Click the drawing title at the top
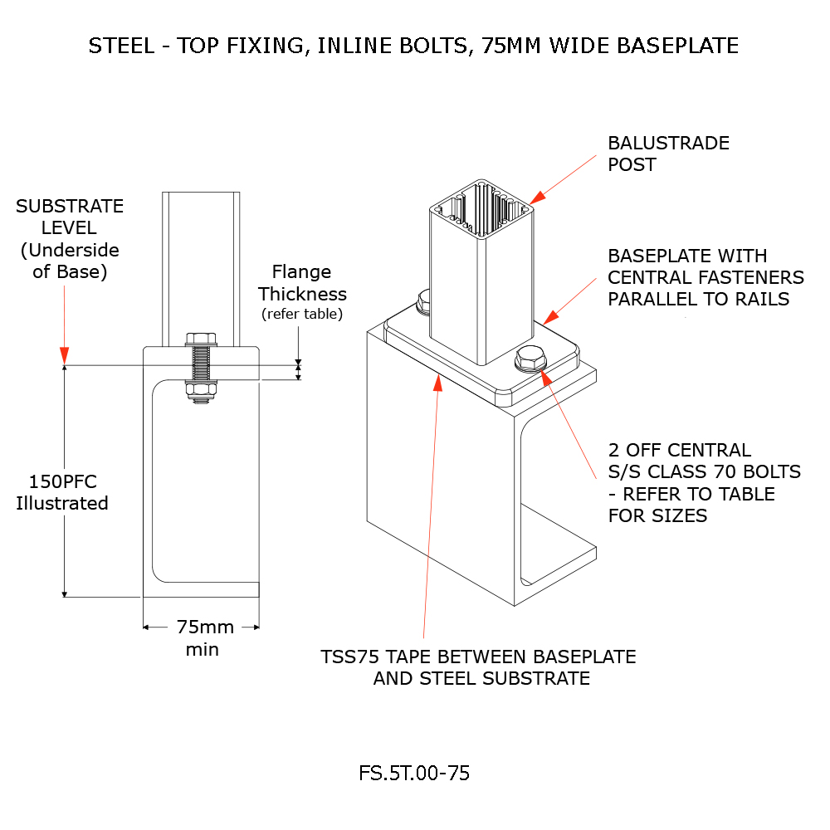[x=413, y=46]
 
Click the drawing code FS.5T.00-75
[x=414, y=774]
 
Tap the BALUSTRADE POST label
[x=668, y=154]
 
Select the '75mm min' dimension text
[x=203, y=637]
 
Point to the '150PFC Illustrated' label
[x=62, y=492]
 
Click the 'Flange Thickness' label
[x=302, y=283]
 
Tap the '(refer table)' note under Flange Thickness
[x=302, y=314]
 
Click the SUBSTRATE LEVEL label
[x=70, y=238]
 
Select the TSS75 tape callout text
[x=479, y=667]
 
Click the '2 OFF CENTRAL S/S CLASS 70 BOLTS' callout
[x=704, y=482]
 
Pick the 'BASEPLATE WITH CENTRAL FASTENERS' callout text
[x=705, y=277]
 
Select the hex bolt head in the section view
[x=202, y=339]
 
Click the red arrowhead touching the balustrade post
[x=536, y=197]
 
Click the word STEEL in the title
[x=120, y=46]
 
